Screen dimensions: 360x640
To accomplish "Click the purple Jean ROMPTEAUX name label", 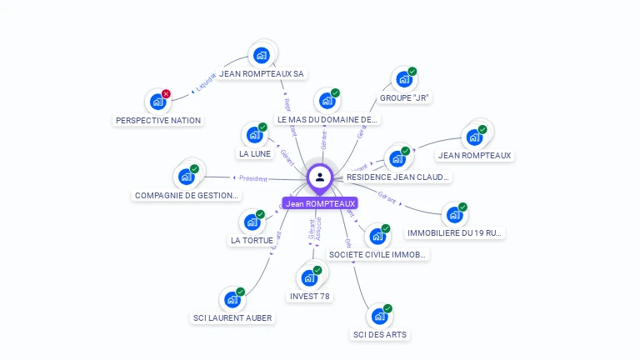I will [x=320, y=203].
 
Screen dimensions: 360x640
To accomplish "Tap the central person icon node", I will [x=320, y=177].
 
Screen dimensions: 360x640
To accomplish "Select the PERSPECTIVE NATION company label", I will [x=158, y=120].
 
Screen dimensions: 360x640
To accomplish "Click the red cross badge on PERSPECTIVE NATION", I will [x=166, y=94].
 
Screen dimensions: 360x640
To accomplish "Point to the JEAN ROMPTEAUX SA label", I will [x=262, y=73].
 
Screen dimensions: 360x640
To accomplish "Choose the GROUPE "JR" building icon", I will [x=404, y=79].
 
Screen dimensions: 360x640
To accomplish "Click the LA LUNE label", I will [x=255, y=153].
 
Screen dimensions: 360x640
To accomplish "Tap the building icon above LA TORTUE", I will [x=252, y=222].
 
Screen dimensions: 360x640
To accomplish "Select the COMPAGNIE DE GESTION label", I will [x=187, y=195].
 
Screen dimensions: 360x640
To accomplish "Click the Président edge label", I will [x=253, y=177].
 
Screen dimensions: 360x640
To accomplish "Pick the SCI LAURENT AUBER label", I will [x=232, y=317].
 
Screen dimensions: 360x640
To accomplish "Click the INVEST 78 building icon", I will [x=309, y=277].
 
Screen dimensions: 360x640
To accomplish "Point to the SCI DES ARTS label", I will [x=381, y=335].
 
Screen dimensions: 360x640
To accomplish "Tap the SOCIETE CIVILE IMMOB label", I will [x=377, y=254].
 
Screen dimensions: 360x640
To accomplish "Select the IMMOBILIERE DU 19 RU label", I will [x=455, y=232].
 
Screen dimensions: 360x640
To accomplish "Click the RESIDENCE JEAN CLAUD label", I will [x=397, y=177].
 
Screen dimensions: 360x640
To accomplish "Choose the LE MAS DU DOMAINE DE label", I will [x=327, y=119].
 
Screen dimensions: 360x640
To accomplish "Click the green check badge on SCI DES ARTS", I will [x=387, y=308].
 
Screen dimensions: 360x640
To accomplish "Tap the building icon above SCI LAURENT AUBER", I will [x=232, y=299].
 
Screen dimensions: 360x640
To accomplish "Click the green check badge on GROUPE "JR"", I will [x=412, y=72].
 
